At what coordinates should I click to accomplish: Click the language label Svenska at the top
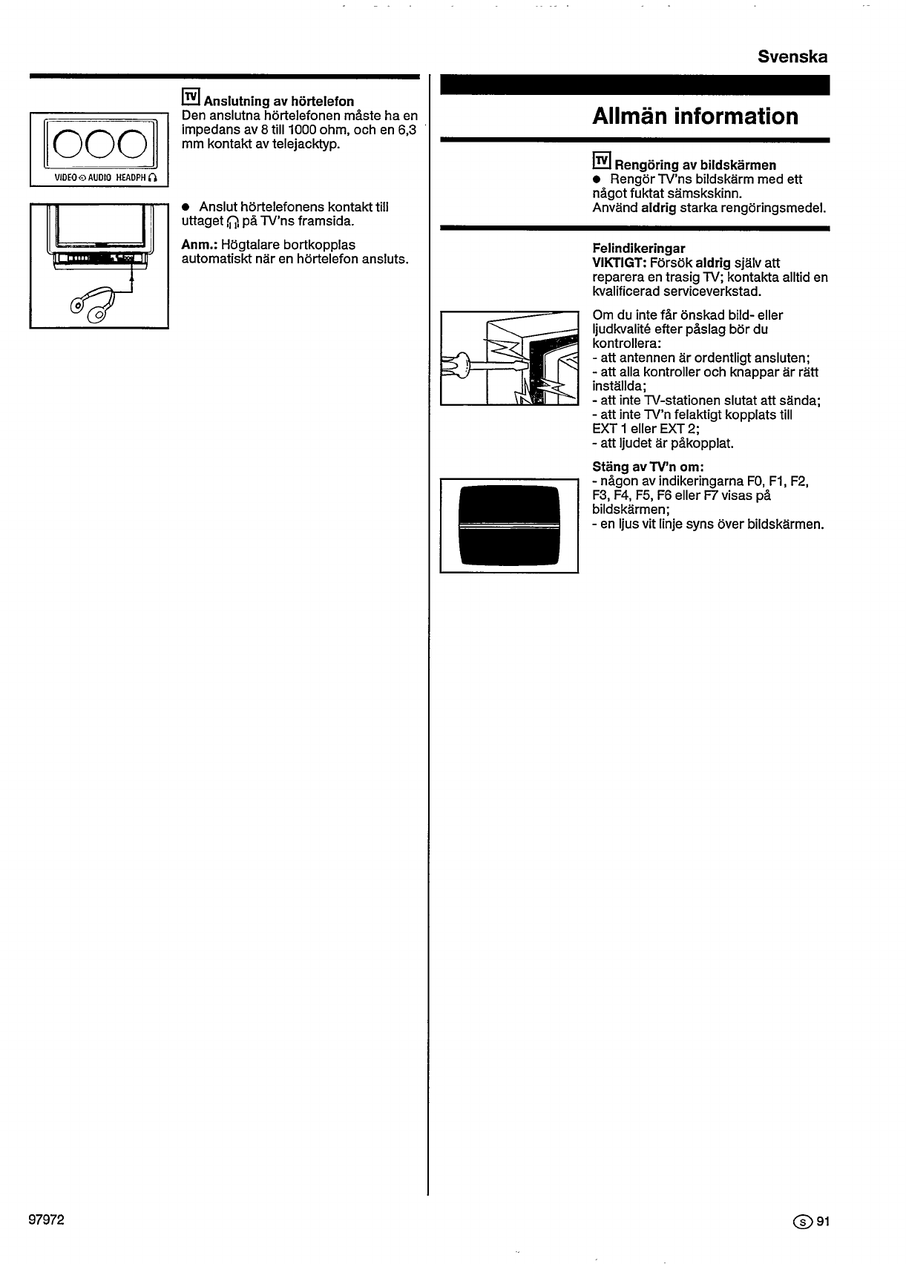[792, 57]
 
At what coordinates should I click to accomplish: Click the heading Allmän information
[695, 116]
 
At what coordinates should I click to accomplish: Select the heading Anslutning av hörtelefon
[279, 101]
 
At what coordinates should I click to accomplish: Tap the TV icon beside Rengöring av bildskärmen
[601, 161]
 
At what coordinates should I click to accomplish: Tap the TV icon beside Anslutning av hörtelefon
[191, 97]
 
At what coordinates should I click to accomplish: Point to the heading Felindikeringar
[638, 248]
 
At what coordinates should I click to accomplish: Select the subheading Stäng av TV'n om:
[648, 467]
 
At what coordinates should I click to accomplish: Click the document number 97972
[46, 1220]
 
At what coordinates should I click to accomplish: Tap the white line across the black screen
[509, 526]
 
